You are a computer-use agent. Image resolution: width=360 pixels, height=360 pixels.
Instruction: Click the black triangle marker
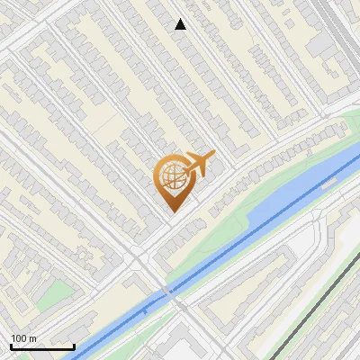click(x=181, y=24)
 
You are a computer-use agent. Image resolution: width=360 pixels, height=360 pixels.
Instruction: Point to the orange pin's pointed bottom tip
click(x=172, y=211)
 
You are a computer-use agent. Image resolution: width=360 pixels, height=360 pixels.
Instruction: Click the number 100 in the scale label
click(x=19, y=338)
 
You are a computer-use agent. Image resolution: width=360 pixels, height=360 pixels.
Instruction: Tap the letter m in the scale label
click(x=32, y=338)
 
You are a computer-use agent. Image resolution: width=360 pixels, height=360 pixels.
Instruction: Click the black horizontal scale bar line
click(x=41, y=347)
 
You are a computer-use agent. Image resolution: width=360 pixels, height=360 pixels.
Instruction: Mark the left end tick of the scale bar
click(x=10, y=346)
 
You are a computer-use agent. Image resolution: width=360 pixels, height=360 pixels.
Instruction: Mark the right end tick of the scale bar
click(x=74, y=346)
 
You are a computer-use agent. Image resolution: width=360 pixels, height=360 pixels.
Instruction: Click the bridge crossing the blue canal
click(x=169, y=292)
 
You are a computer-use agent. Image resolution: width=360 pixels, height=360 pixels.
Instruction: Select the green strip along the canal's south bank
click(x=225, y=270)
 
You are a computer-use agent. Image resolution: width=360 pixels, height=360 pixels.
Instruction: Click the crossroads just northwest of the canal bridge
click(x=137, y=259)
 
